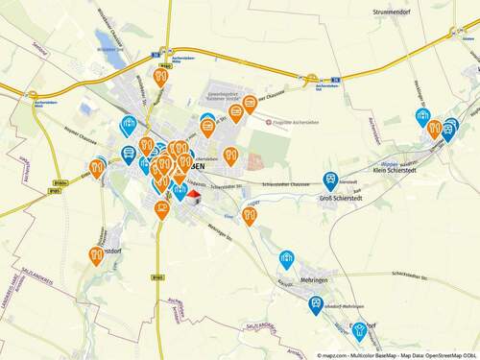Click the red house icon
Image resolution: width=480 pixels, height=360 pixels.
click(193, 197)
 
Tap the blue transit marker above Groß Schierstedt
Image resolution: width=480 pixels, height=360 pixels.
click(331, 179)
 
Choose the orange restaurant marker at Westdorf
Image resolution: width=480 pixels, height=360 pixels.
click(96, 254)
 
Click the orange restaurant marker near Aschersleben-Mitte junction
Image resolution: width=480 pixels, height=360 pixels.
click(160, 75)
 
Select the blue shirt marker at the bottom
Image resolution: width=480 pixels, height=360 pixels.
click(359, 330)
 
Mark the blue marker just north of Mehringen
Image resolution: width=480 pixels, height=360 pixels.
click(286, 257)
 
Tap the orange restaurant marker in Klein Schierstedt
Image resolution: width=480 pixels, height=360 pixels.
click(434, 127)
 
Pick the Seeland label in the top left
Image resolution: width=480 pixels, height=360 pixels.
click(39, 47)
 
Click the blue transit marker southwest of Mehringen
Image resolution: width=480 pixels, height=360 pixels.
click(315, 303)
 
